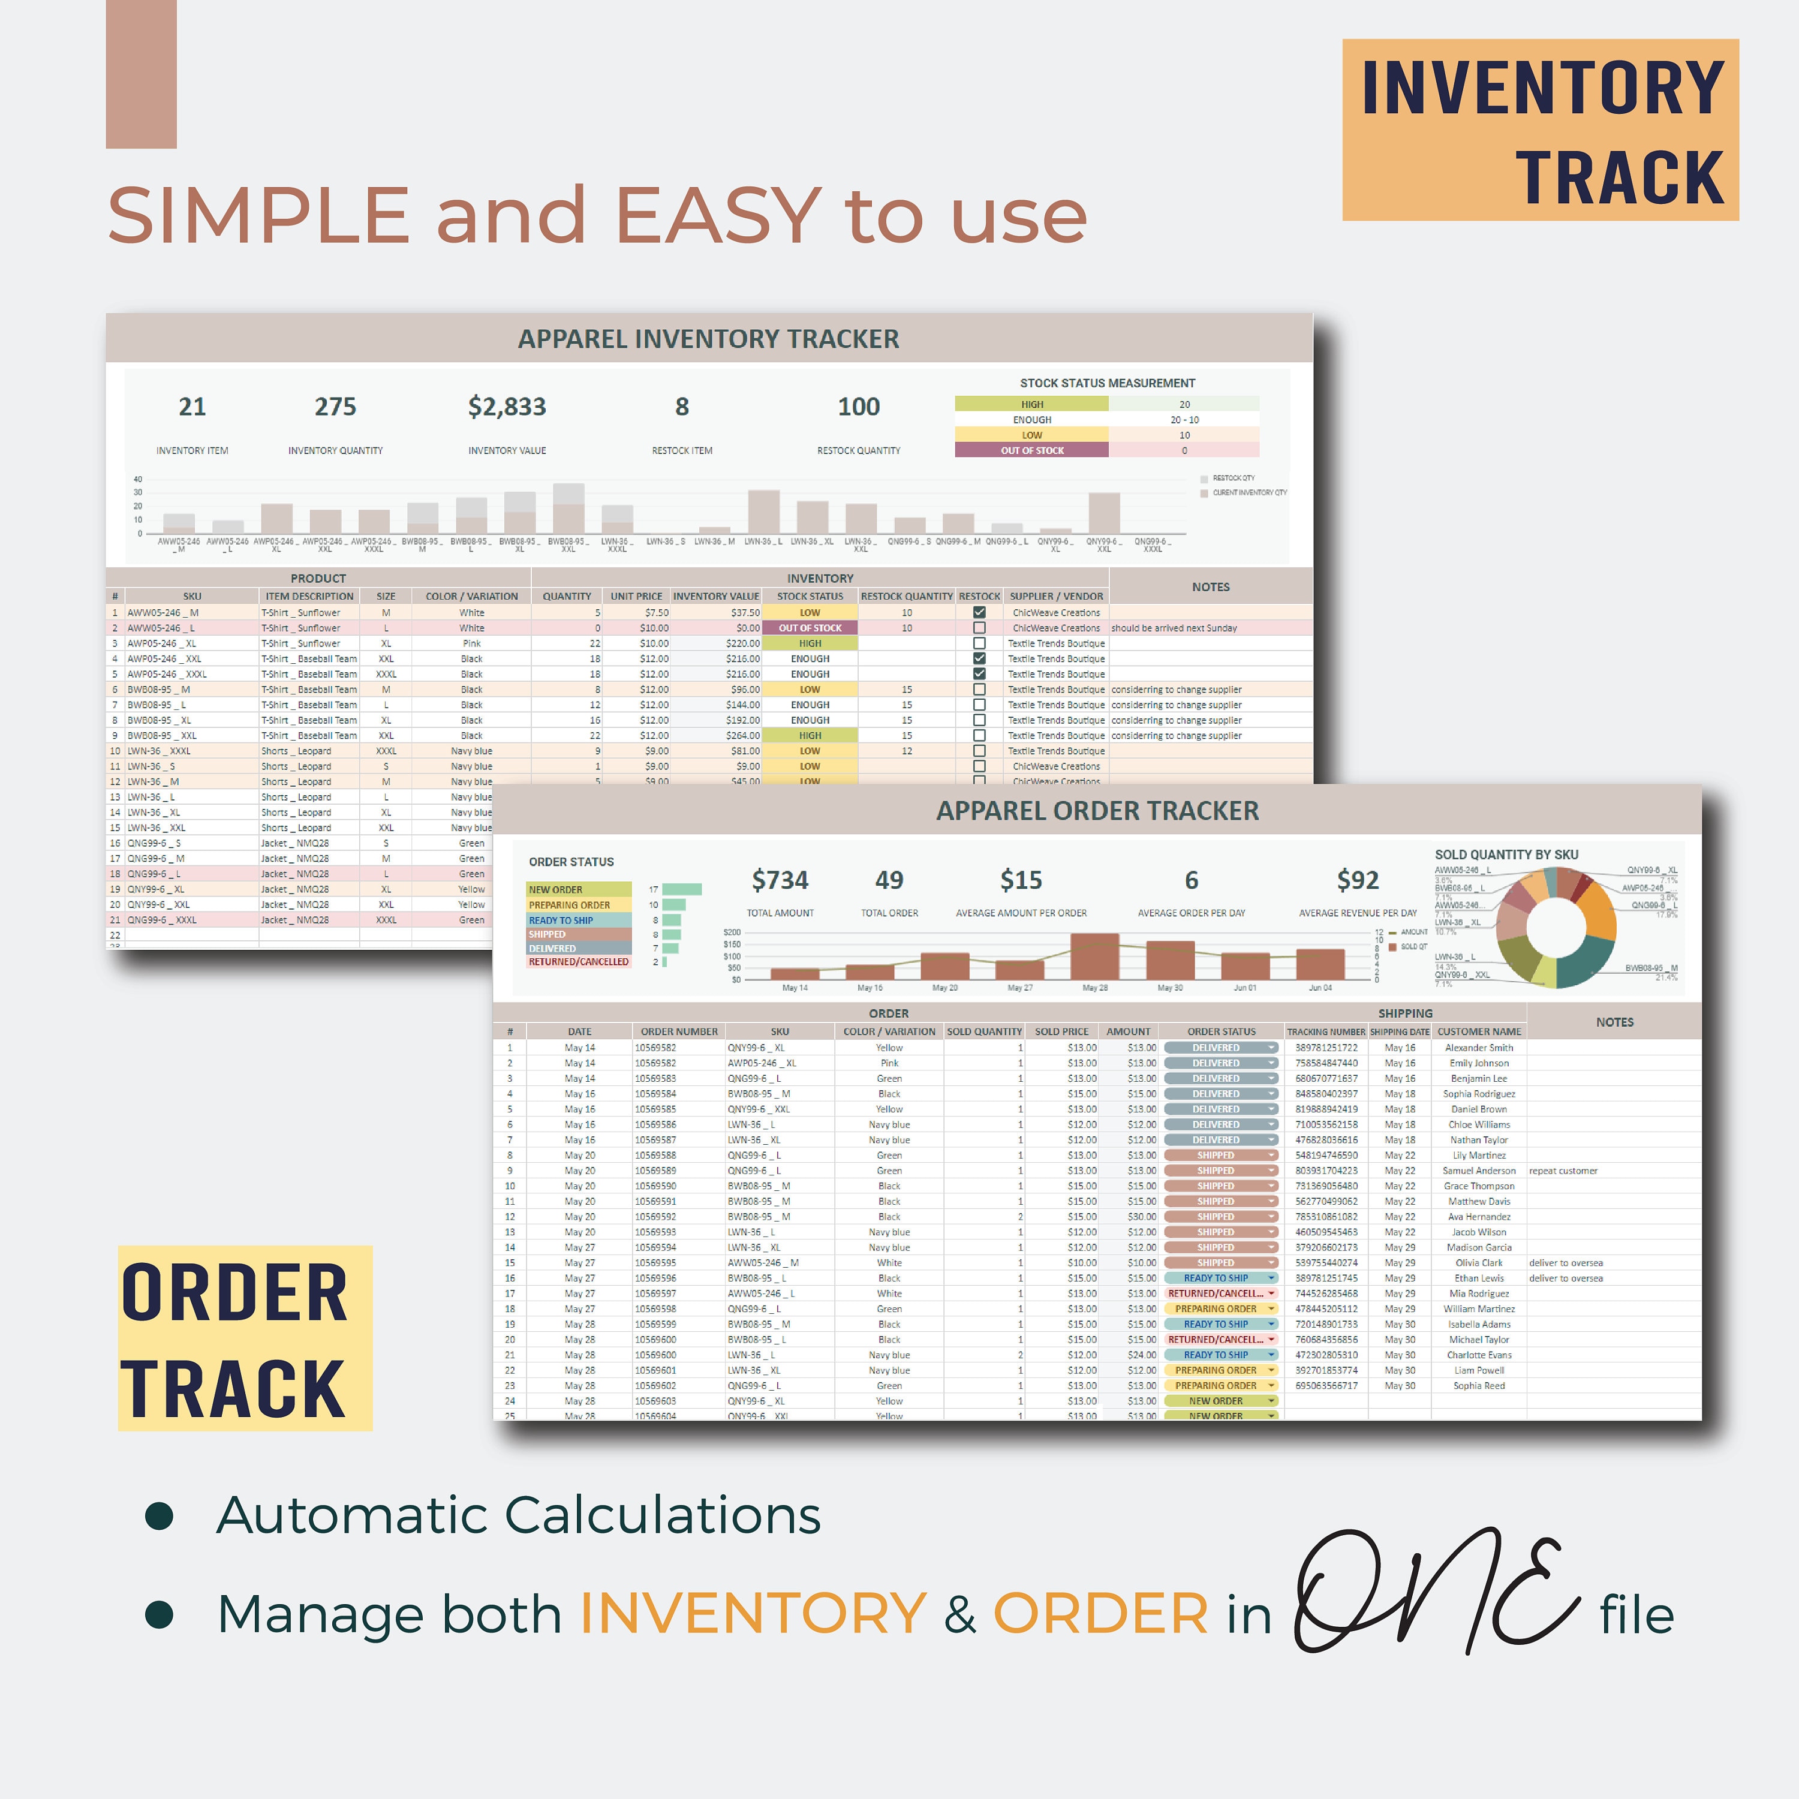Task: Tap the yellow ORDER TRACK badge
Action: pyautogui.click(x=245, y=1337)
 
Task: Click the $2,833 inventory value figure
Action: pyautogui.click(x=507, y=407)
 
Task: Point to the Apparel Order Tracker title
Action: pyautogui.click(x=1097, y=811)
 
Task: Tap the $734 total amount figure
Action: pyautogui.click(x=780, y=880)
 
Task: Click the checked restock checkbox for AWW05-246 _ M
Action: pyautogui.click(x=979, y=613)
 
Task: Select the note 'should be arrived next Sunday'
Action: pyautogui.click(x=1174, y=628)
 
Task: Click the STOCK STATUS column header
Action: pyautogui.click(x=809, y=597)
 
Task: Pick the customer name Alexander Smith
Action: pyautogui.click(x=1479, y=1048)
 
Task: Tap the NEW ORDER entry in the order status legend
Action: pyautogui.click(x=577, y=890)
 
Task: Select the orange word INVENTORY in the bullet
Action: pyautogui.click(x=753, y=1614)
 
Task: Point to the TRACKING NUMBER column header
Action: pyautogui.click(x=1325, y=1031)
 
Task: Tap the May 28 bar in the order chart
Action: pyautogui.click(x=1095, y=956)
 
